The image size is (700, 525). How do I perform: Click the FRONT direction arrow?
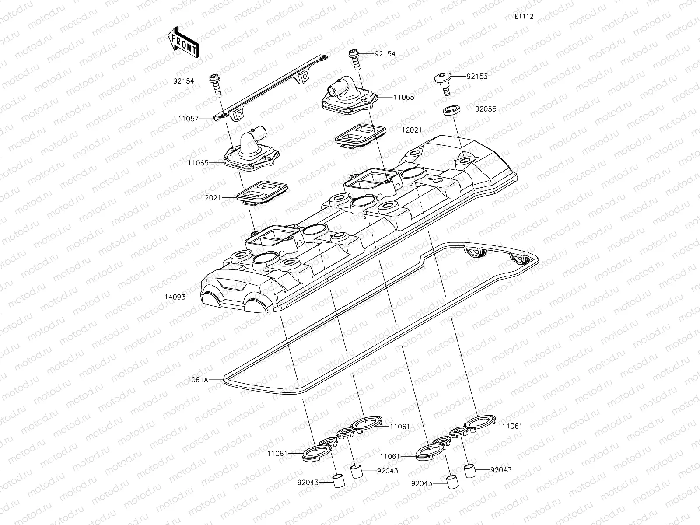pyautogui.click(x=183, y=42)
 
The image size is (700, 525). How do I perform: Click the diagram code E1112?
pyautogui.click(x=524, y=16)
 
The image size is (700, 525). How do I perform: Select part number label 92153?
pyautogui.click(x=477, y=76)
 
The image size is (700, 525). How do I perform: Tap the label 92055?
pyautogui.click(x=486, y=109)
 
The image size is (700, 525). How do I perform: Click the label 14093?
pyautogui.click(x=175, y=297)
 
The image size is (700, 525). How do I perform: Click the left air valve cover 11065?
pyautogui.click(x=251, y=151)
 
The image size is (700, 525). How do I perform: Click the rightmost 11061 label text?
pyautogui.click(x=512, y=426)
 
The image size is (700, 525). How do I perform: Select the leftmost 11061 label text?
pyautogui.click(x=278, y=454)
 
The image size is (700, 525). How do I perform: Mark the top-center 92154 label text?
pyautogui.click(x=385, y=54)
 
